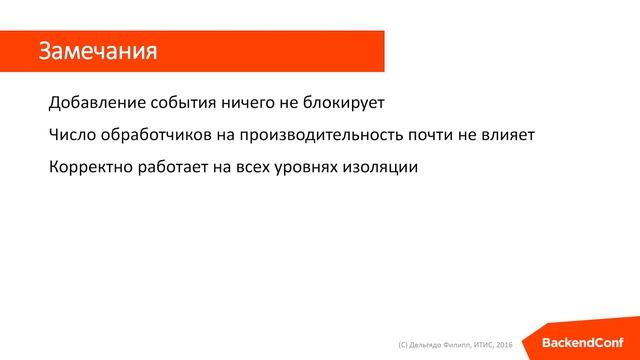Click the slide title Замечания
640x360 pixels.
point(98,51)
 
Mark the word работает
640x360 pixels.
point(176,166)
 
